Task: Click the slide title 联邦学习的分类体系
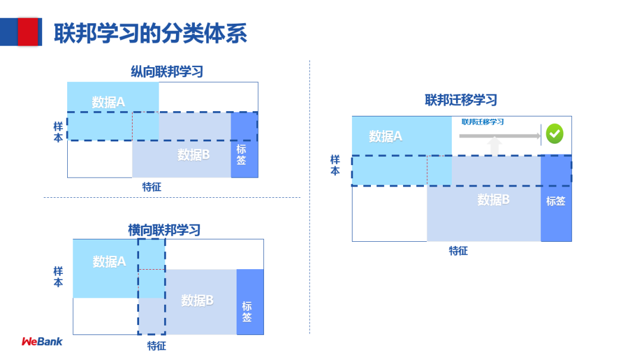click(x=150, y=33)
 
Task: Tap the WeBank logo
click(x=42, y=342)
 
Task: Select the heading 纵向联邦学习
click(x=167, y=72)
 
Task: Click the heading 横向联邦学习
click(x=165, y=230)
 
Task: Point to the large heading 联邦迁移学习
click(x=461, y=100)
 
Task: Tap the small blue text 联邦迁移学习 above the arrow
click(x=483, y=122)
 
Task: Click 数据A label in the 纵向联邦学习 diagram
click(x=108, y=102)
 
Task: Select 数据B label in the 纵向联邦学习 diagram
click(x=193, y=155)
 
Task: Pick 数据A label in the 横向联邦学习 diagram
click(x=109, y=261)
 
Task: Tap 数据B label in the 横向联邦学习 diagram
click(x=197, y=301)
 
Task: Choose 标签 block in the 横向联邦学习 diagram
click(x=247, y=311)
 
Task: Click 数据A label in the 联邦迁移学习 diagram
click(x=385, y=136)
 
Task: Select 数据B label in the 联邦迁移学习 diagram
click(x=493, y=200)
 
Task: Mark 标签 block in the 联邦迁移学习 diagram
click(x=556, y=201)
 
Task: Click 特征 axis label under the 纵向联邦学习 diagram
click(x=152, y=187)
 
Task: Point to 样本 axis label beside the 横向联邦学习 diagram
click(x=58, y=277)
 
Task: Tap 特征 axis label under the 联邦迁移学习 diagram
click(x=458, y=251)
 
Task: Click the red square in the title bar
click(x=28, y=31)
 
